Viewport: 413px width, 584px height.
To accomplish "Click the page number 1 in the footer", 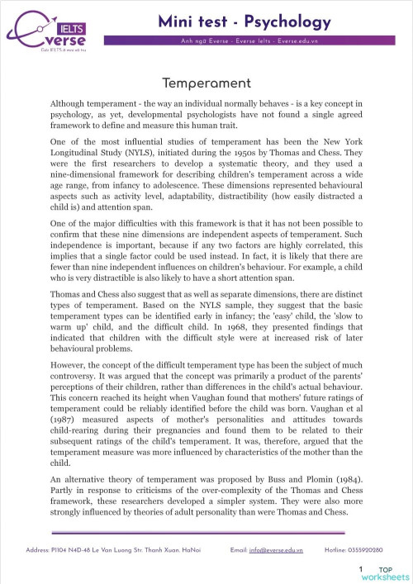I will (361, 570).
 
